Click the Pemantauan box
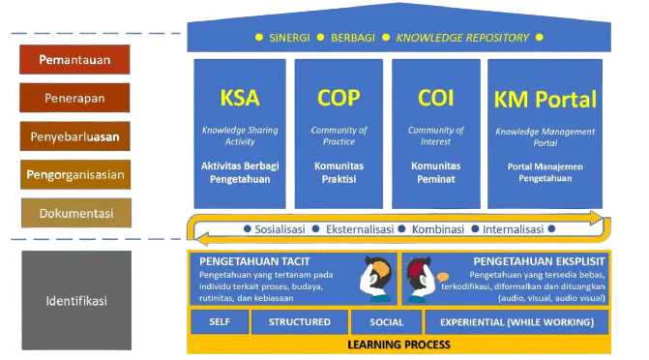[x=74, y=60]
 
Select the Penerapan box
[x=74, y=98]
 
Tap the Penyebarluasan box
[x=74, y=136]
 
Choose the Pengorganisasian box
[x=74, y=175]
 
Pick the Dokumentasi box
[x=74, y=213]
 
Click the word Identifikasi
[x=76, y=300]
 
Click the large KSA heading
[x=239, y=98]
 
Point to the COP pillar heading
[x=338, y=98]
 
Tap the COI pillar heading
[x=435, y=98]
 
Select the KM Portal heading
[x=546, y=99]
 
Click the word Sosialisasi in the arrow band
[x=280, y=229]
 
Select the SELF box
[x=220, y=322]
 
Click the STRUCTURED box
[x=299, y=322]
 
